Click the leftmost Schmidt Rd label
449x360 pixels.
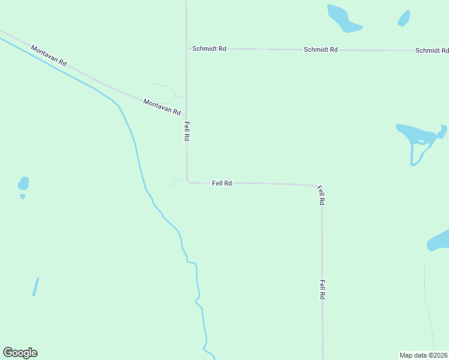pos(209,49)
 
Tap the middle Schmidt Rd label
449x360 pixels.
pos(321,50)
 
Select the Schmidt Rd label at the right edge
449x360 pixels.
pos(432,51)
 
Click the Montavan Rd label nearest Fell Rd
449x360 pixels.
pos(162,107)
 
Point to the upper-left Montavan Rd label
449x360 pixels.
pos(49,55)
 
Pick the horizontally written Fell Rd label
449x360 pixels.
pos(222,183)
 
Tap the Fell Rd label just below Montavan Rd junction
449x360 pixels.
pos(187,131)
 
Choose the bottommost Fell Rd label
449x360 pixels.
pos(322,290)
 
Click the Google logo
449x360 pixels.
pos(20,353)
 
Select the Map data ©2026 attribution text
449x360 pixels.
pos(424,355)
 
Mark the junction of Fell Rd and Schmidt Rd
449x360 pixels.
pos(186,48)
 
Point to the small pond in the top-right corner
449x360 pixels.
pos(404,19)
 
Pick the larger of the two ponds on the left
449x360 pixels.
pos(23,182)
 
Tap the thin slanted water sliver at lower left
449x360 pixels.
pos(35,286)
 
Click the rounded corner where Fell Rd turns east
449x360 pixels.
pos(188,181)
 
